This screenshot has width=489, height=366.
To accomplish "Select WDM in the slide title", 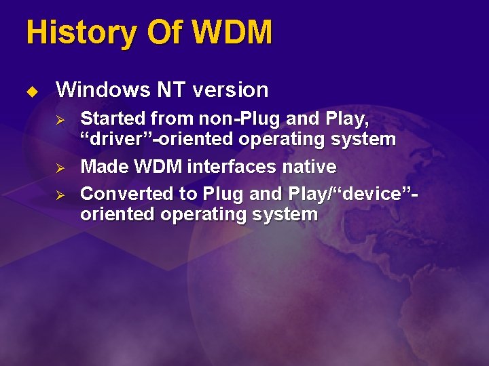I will point(232,33).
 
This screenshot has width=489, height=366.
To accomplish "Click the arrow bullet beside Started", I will point(58,119).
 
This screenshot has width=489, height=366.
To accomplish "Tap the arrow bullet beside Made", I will point(58,167).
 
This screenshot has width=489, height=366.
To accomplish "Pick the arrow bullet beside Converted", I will point(58,194).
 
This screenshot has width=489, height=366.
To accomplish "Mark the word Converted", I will point(126,194).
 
